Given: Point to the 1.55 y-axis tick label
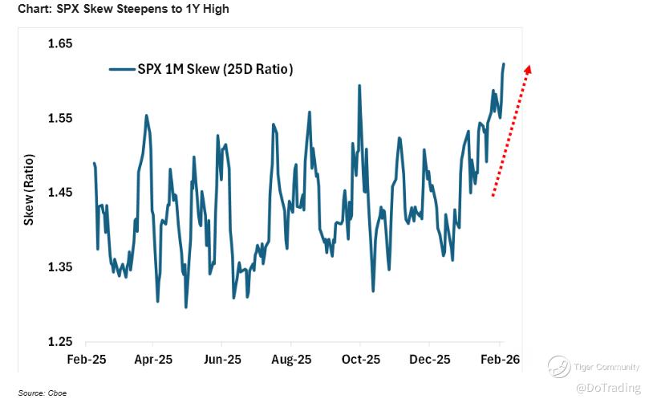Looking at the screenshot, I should (61, 118).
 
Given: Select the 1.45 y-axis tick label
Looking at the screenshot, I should (61, 193).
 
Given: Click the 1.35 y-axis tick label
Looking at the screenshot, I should (61, 267).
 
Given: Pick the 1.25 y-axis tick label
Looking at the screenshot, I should (61, 341).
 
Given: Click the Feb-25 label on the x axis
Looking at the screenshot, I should (85, 360).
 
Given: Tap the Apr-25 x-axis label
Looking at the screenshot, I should (154, 360).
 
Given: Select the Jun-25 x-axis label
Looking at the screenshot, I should (223, 360).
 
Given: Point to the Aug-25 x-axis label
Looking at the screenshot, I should (291, 360).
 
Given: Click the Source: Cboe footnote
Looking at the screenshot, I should (27, 393).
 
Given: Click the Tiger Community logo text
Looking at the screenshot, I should (606, 368).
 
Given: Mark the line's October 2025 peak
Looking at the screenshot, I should (359, 85).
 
